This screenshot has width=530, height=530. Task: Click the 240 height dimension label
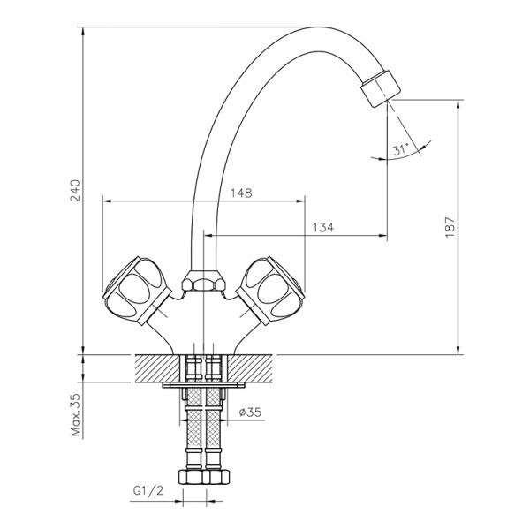(x=75, y=191)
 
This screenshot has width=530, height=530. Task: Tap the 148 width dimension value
(x=241, y=193)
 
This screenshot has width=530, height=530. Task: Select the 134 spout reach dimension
(x=322, y=227)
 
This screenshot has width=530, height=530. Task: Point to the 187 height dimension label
(x=450, y=227)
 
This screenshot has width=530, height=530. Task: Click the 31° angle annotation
(x=401, y=149)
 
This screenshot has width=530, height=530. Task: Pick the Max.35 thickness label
(x=75, y=414)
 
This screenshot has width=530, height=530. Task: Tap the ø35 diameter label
(x=250, y=412)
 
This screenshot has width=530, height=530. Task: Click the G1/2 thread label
(x=148, y=490)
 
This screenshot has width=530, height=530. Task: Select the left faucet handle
(x=136, y=291)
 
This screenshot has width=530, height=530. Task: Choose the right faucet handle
(x=270, y=291)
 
